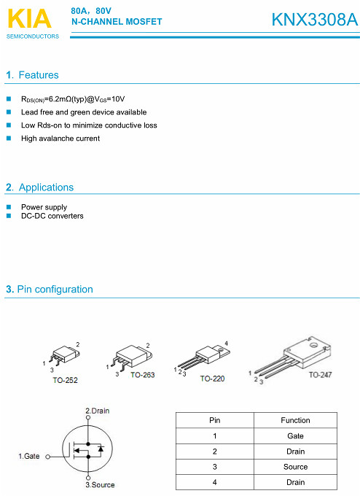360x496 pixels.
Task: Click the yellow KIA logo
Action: (x=29, y=19)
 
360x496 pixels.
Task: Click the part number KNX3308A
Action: (x=315, y=20)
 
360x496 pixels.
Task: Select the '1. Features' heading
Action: (x=32, y=75)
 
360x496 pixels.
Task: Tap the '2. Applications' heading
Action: (x=40, y=187)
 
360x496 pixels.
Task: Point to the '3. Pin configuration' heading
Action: (x=50, y=289)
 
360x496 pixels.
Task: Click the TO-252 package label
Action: (x=65, y=380)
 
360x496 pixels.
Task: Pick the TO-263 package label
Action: (x=143, y=375)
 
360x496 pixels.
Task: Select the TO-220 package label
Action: (x=212, y=379)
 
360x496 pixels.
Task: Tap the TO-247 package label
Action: (x=320, y=375)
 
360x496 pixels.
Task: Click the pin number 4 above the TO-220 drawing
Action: (x=226, y=344)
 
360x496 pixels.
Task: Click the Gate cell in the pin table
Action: (x=295, y=436)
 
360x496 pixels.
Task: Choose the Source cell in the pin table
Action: (x=295, y=467)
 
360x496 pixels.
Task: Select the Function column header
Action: (x=295, y=420)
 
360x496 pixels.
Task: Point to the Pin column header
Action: (x=214, y=420)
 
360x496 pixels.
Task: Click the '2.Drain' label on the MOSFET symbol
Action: (x=98, y=411)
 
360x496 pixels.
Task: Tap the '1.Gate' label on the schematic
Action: (x=28, y=456)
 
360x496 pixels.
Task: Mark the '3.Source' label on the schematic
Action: (x=100, y=484)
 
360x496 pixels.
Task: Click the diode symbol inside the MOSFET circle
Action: (x=101, y=449)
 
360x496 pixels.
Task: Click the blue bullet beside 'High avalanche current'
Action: (x=9, y=139)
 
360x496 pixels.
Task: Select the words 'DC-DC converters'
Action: (x=52, y=216)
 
